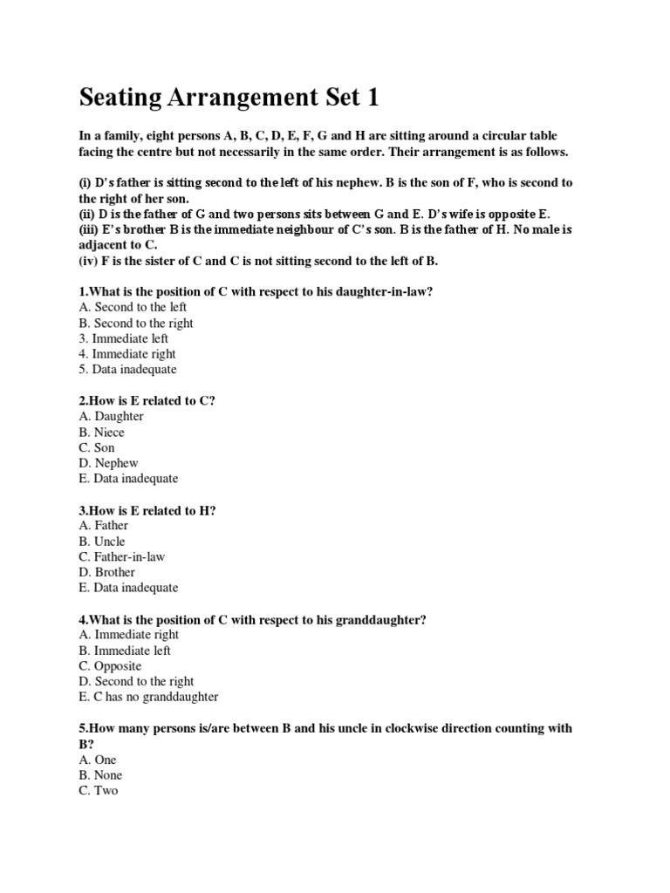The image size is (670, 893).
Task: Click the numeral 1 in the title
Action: point(373,98)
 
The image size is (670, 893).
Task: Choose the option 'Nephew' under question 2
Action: point(108,464)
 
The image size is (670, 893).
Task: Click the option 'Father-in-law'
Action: point(122,556)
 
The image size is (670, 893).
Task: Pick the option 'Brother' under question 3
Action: point(106,572)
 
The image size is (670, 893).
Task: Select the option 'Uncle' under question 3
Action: point(101,541)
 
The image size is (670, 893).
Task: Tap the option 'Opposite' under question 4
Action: point(109,666)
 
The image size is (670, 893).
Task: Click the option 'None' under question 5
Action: point(100,775)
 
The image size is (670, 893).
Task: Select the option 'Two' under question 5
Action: point(98,791)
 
